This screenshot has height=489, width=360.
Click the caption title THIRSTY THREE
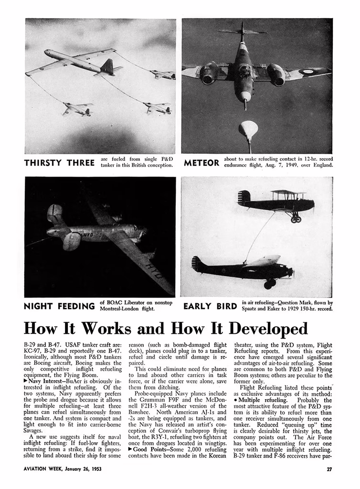(59, 163)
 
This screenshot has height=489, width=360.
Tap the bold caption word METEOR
(201, 163)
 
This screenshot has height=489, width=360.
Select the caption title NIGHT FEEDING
(59, 306)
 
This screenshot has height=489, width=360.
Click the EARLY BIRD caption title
(210, 306)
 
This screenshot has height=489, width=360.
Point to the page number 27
(329, 468)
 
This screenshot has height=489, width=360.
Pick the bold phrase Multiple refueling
(262, 400)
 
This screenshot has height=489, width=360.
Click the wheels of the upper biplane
(296, 219)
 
